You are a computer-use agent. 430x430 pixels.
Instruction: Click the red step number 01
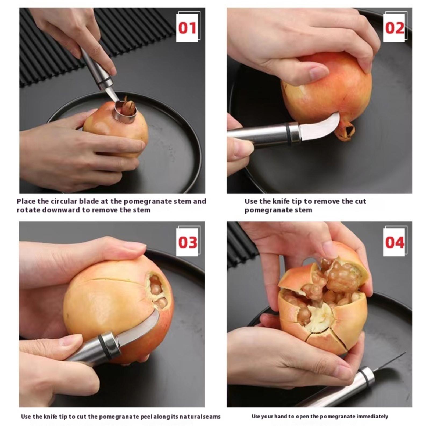(x=188, y=28)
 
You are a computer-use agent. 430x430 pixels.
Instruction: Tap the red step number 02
(x=395, y=28)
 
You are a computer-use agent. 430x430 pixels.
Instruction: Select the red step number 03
(x=188, y=242)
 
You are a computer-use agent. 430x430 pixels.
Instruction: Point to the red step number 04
(x=395, y=242)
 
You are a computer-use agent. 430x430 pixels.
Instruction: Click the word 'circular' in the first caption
(x=66, y=201)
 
